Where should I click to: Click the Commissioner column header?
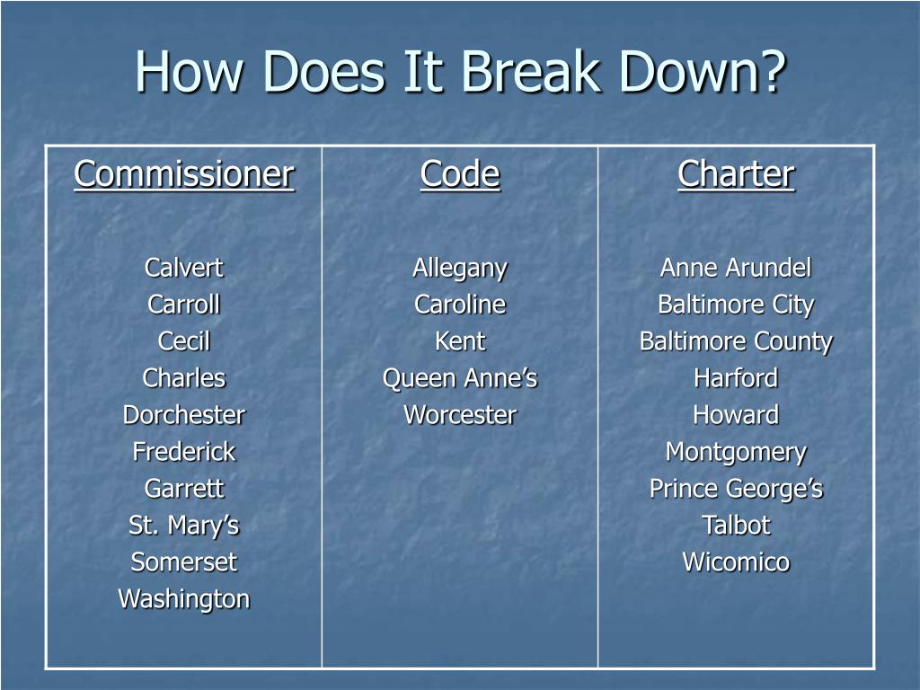[x=183, y=173]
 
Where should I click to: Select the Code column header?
[x=459, y=173]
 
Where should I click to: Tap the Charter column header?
[x=736, y=173]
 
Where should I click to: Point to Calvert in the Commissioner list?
[x=183, y=268]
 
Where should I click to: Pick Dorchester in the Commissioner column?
[x=183, y=415]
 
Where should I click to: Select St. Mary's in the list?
[x=183, y=526]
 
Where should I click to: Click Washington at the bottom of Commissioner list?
[x=183, y=599]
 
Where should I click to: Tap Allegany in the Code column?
[x=459, y=268]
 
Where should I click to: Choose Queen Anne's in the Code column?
[x=459, y=378]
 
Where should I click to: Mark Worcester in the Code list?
[x=459, y=415]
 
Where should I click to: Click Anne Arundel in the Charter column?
[x=736, y=268]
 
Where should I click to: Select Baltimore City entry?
[x=736, y=305]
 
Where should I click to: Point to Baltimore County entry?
[x=736, y=341]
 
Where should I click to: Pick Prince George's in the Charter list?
[x=736, y=489]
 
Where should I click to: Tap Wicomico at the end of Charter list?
[x=736, y=562]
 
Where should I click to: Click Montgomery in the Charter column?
[x=736, y=452]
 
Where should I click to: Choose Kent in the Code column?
[x=459, y=341]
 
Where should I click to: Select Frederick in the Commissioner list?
[x=183, y=452]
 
